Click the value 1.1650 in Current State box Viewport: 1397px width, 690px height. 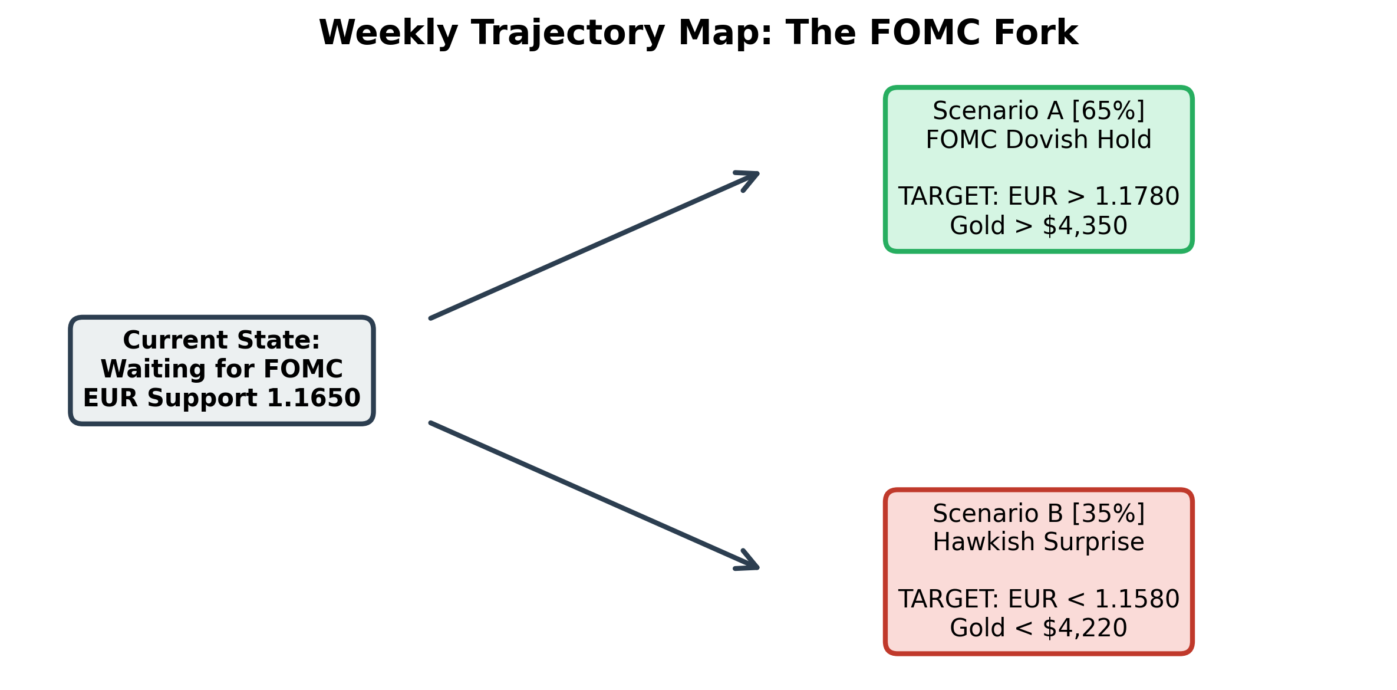click(x=314, y=398)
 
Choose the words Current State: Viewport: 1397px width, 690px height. click(x=222, y=340)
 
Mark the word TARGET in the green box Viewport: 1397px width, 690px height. click(x=948, y=196)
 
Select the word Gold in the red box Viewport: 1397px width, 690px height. click(x=977, y=628)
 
